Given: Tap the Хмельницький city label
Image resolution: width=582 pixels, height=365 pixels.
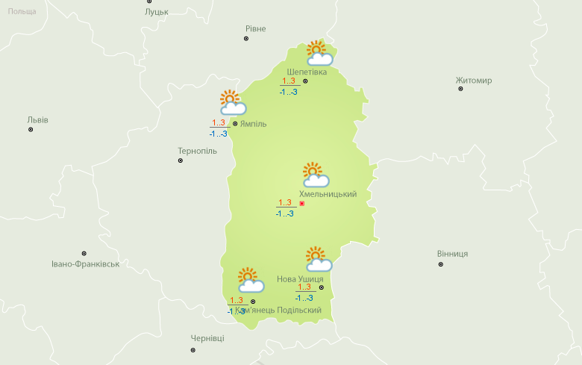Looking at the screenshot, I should (x=328, y=194).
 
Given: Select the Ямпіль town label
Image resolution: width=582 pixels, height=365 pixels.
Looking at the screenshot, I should (x=253, y=124).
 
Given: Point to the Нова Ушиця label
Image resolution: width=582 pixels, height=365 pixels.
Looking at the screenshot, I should (x=300, y=279).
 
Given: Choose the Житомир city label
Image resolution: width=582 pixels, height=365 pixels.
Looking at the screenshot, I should (x=474, y=81).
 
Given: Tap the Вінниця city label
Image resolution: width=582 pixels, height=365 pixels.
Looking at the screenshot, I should (x=452, y=254).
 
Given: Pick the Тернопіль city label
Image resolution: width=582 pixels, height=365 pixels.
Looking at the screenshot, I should (x=197, y=151).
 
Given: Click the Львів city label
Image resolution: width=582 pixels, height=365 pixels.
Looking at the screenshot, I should (x=37, y=119).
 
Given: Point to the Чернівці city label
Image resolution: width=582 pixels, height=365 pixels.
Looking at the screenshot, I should (x=207, y=338).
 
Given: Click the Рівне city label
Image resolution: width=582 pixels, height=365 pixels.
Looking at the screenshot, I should (x=255, y=29).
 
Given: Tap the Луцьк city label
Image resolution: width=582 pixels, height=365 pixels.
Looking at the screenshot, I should (x=157, y=12).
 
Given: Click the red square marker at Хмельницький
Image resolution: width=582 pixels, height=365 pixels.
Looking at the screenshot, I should (x=302, y=203).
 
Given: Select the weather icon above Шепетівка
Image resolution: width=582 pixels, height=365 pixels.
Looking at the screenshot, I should (x=319, y=53).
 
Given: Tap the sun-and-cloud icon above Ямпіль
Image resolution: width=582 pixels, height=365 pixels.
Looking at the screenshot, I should (x=232, y=102).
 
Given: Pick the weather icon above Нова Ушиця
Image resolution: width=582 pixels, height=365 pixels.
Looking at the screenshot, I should (x=319, y=259).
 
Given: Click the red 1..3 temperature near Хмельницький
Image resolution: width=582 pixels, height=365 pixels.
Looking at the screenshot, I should (x=285, y=202).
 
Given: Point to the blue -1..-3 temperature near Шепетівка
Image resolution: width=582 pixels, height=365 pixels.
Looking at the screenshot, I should (x=288, y=92).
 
